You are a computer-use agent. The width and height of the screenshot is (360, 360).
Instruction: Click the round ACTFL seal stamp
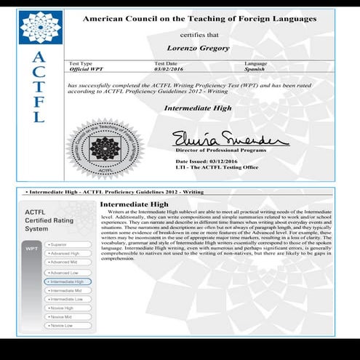tap(104, 149)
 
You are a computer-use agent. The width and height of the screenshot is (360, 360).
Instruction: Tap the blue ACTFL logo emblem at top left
tap(40, 28)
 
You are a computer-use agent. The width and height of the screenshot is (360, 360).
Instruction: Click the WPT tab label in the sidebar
tap(31, 248)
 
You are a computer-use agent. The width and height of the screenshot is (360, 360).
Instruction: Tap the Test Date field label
tap(166, 63)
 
